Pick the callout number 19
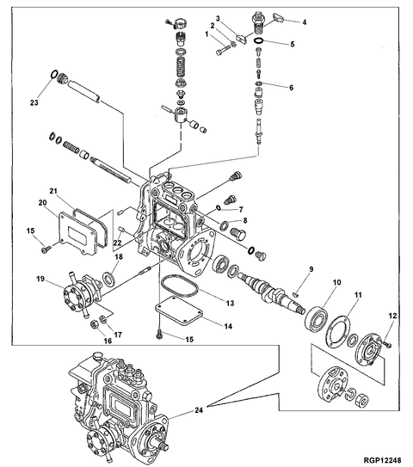click(x=40, y=279)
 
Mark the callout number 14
click(x=227, y=326)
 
